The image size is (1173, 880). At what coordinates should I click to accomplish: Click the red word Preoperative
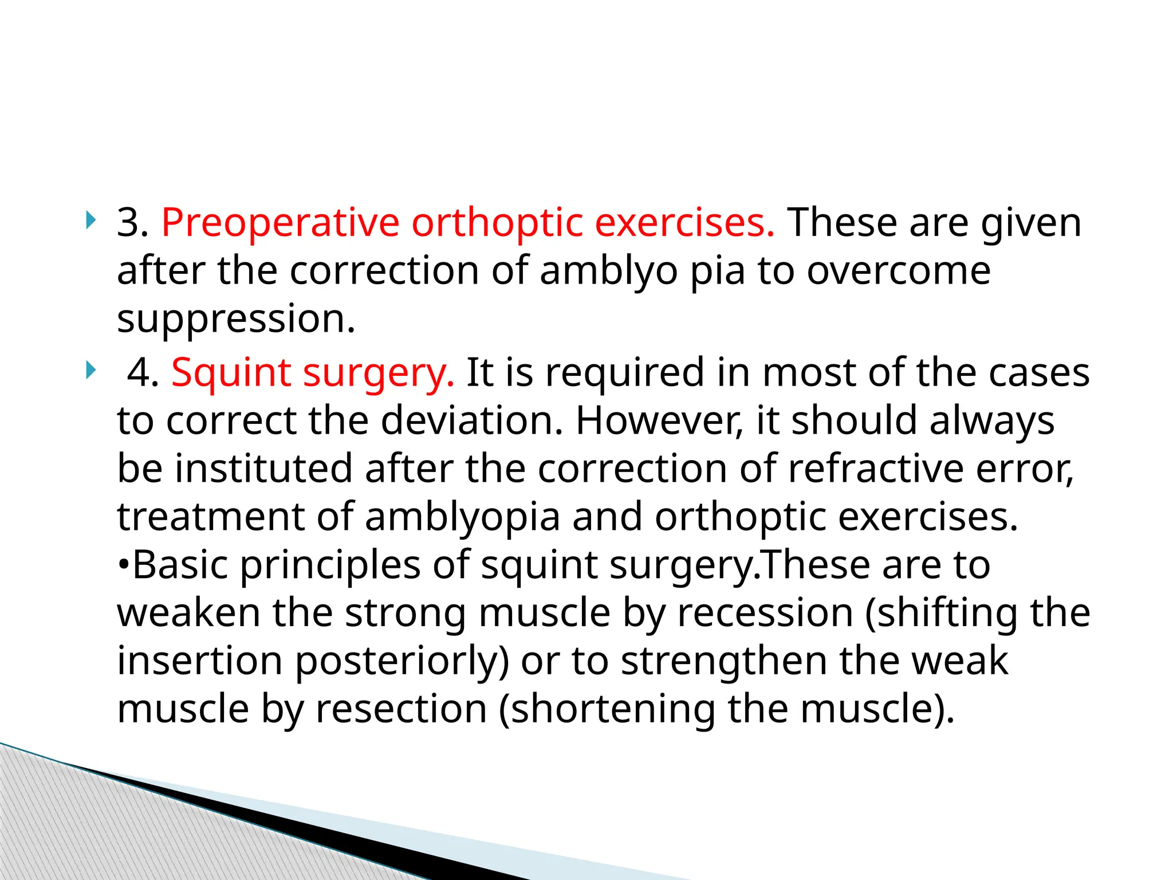coord(280,222)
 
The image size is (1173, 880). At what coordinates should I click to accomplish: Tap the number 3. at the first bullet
coord(132,222)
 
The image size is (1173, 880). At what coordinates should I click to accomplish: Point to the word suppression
coord(236,319)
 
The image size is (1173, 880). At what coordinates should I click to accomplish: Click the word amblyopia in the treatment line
coord(462,517)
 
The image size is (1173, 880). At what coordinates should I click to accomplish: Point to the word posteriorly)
coord(402,661)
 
